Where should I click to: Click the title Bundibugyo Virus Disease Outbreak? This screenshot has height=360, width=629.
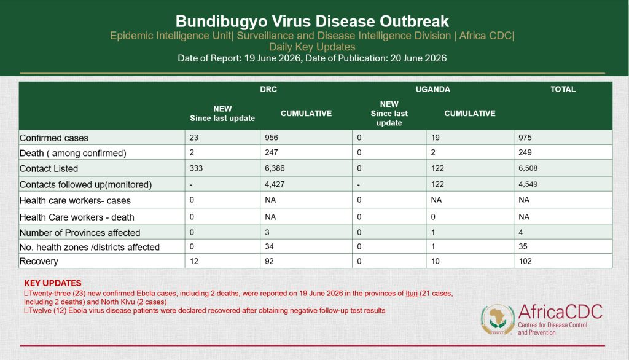point(312,22)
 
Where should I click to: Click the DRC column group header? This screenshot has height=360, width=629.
point(268,90)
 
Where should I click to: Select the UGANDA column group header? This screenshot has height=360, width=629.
point(433,90)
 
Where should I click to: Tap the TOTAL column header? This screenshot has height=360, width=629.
point(563,90)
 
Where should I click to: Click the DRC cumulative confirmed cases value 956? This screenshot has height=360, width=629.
point(271,138)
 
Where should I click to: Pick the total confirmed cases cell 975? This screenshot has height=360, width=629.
point(525,138)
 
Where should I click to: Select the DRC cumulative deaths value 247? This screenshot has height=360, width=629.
point(271,152)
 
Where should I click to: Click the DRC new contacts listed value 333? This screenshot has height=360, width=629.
point(196,168)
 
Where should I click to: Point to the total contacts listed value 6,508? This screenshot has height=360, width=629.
point(528,168)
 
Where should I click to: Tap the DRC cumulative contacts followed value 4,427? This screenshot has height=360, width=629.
point(275,184)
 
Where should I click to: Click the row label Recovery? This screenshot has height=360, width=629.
point(39,261)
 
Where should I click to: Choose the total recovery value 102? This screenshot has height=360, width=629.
point(525,261)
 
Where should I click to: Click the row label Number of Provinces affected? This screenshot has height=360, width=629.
point(80,233)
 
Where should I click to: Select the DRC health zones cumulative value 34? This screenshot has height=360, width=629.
point(269,246)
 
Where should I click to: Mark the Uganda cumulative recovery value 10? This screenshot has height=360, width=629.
point(436,261)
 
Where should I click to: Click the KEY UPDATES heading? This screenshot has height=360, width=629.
point(53,283)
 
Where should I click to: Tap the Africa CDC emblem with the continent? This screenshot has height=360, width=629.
point(498,319)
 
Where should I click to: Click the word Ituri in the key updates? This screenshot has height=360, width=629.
point(412,294)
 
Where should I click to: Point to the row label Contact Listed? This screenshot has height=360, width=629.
point(49,168)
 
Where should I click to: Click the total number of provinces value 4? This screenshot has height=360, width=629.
point(520,232)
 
